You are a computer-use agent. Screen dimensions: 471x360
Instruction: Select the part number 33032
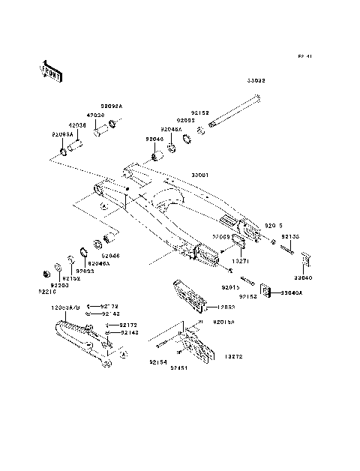pyautogui.click(x=256, y=79)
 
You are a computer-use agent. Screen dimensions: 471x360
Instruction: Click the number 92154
pyautogui.click(x=157, y=361)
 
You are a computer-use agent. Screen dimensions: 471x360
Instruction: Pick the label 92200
pyautogui.click(x=60, y=285)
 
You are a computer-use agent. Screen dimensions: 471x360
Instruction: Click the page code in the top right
pyautogui.click(x=304, y=55)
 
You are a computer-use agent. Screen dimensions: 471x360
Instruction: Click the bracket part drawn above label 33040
pyautogui.click(x=304, y=260)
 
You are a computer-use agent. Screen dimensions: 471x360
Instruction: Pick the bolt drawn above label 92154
pyautogui.click(x=163, y=346)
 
